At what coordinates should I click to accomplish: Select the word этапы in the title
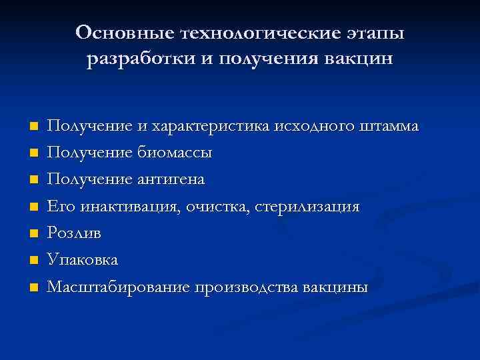pos(381,33)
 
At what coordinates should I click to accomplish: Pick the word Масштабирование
pos(119,287)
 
